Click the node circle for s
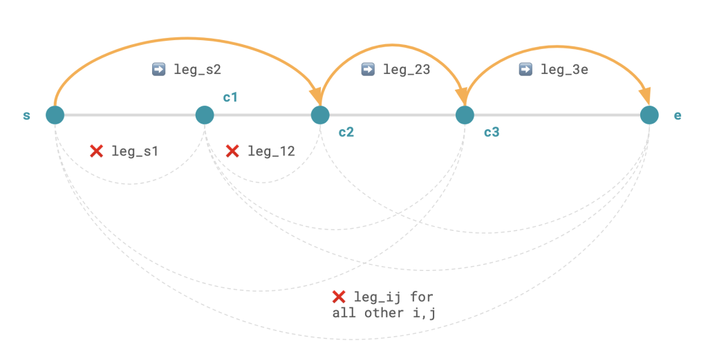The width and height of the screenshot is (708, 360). pyautogui.click(x=55, y=115)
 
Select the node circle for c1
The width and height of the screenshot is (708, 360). pyautogui.click(x=205, y=115)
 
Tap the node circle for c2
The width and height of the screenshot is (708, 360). pyautogui.click(x=319, y=115)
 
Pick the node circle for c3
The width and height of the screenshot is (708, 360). pyautogui.click(x=465, y=115)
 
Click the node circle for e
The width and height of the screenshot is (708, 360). pyautogui.click(x=649, y=115)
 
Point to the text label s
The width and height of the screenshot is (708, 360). pyautogui.click(x=27, y=115)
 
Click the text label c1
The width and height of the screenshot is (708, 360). pyautogui.click(x=230, y=97)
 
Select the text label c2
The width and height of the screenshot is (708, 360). pyautogui.click(x=346, y=131)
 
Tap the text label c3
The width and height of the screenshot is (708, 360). pyautogui.click(x=491, y=131)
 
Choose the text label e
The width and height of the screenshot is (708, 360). pyautogui.click(x=678, y=115)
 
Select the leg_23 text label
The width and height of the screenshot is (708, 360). pyautogui.click(x=407, y=69)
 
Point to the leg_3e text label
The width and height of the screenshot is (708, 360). pyautogui.click(x=564, y=69)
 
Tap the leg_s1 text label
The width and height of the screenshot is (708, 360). pyautogui.click(x=135, y=151)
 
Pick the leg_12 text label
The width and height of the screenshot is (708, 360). pyautogui.click(x=271, y=151)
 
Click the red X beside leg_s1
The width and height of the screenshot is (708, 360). pyautogui.click(x=97, y=151)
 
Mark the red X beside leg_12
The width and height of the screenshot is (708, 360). pyautogui.click(x=233, y=151)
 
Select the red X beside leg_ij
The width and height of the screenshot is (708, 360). pyautogui.click(x=339, y=297)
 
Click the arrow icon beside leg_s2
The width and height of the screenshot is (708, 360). pyautogui.click(x=158, y=69)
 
